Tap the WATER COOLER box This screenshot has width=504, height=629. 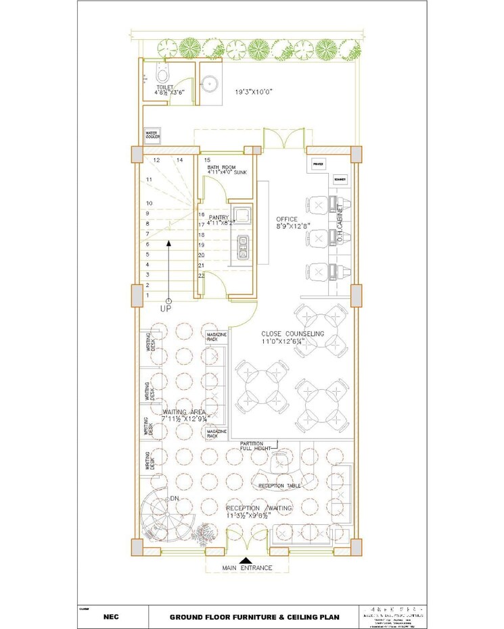pyautogui.click(x=153, y=135)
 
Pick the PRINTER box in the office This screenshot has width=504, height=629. pyautogui.click(x=317, y=164)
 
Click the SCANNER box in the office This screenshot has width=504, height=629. pyautogui.click(x=340, y=180)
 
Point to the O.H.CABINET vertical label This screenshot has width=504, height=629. pyautogui.click(x=342, y=226)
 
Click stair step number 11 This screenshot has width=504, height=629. pyautogui.click(x=147, y=179)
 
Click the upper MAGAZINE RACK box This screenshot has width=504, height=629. pyautogui.click(x=216, y=336)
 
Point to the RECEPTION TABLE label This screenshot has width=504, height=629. pyautogui.click(x=279, y=486)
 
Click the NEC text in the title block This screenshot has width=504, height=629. pyautogui.click(x=111, y=617)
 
